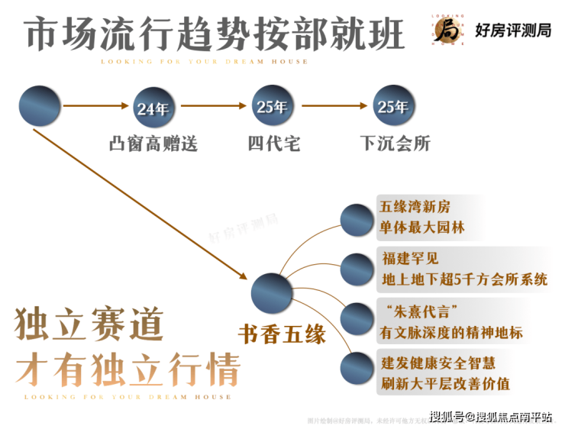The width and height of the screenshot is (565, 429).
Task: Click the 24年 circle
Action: tap(153, 108)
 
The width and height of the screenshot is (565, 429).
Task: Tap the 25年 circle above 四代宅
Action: tap(272, 108)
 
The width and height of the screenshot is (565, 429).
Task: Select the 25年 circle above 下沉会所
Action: tap(392, 108)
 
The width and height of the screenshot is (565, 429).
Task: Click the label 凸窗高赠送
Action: tap(153, 144)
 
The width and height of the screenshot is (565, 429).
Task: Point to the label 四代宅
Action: tap(273, 144)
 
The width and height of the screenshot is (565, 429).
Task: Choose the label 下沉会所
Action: tap(395, 144)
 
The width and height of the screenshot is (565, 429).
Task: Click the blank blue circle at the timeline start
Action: tap(40, 108)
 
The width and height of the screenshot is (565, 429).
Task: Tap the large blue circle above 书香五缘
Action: tap(272, 292)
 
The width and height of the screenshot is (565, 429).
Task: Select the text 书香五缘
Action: tap(282, 334)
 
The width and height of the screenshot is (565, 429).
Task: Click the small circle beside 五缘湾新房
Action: tap(356, 220)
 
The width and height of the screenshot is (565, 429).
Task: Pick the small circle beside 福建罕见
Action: tap(356, 268)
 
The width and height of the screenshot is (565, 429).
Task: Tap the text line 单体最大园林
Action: tap(421, 227)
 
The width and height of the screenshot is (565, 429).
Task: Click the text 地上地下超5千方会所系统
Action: tap(464, 279)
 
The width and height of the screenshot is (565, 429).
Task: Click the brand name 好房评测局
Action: tap(512, 31)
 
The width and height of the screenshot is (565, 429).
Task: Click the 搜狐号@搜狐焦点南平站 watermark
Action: tap(490, 416)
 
